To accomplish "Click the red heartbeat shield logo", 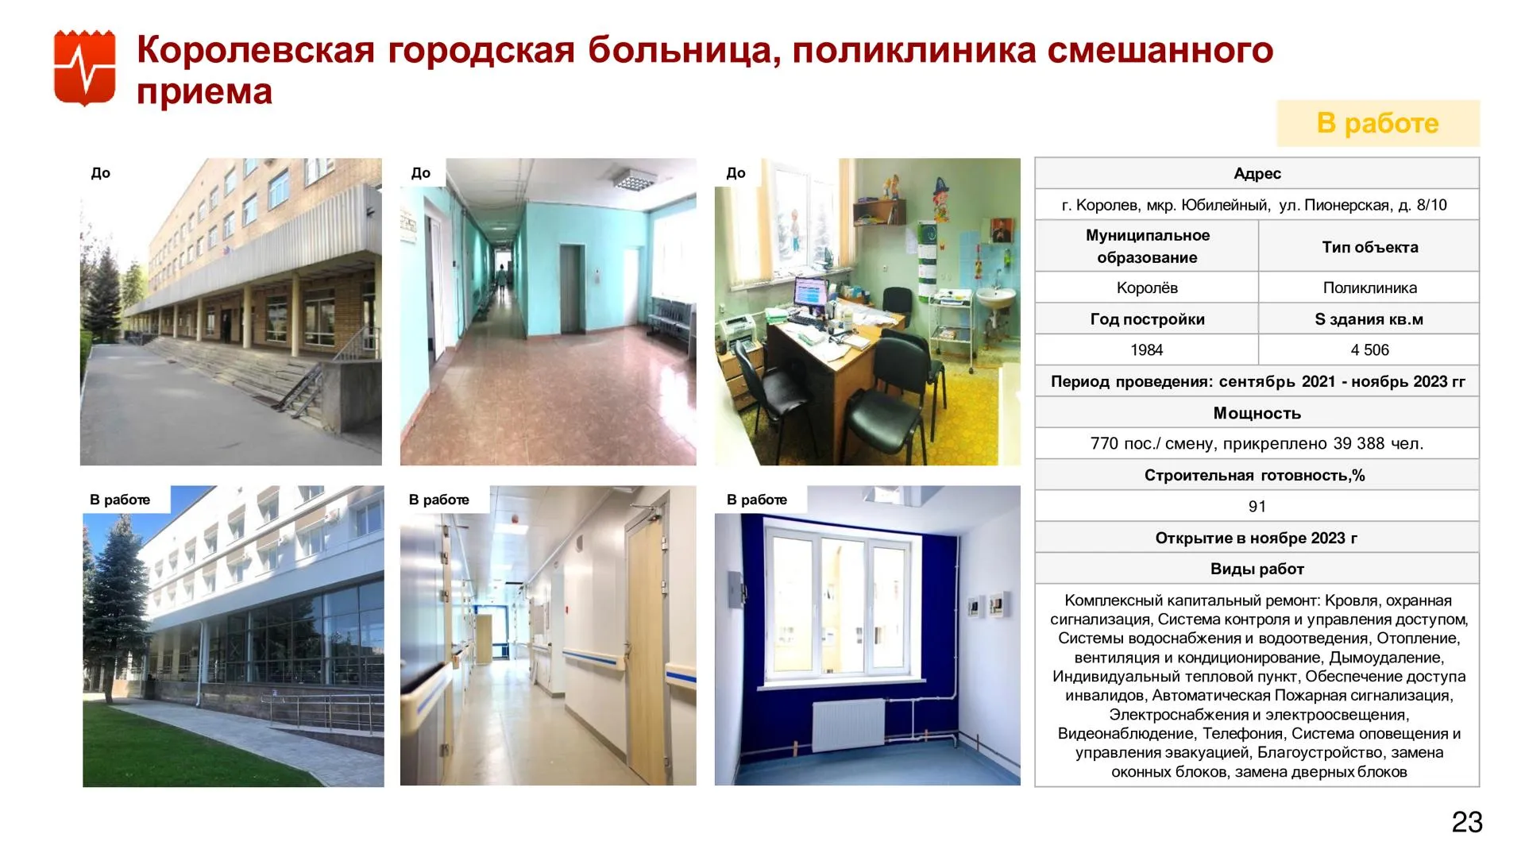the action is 84,68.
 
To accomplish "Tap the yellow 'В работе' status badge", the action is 1378,123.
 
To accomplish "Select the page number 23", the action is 1467,822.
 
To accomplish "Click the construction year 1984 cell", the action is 1146,349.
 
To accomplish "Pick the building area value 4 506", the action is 1369,349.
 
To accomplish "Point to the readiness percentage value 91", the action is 1257,506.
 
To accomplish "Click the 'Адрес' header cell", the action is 1257,173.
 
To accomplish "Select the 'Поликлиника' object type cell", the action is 1369,288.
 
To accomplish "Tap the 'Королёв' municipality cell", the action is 1146,288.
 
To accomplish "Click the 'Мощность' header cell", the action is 1257,413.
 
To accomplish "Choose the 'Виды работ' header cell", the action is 1257,569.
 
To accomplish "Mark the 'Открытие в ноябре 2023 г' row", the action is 1257,538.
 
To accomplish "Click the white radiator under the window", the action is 847,727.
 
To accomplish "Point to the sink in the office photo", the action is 995,298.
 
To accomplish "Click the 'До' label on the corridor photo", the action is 421,173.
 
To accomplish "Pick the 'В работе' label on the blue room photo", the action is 757,500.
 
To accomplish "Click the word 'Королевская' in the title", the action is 256,50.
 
